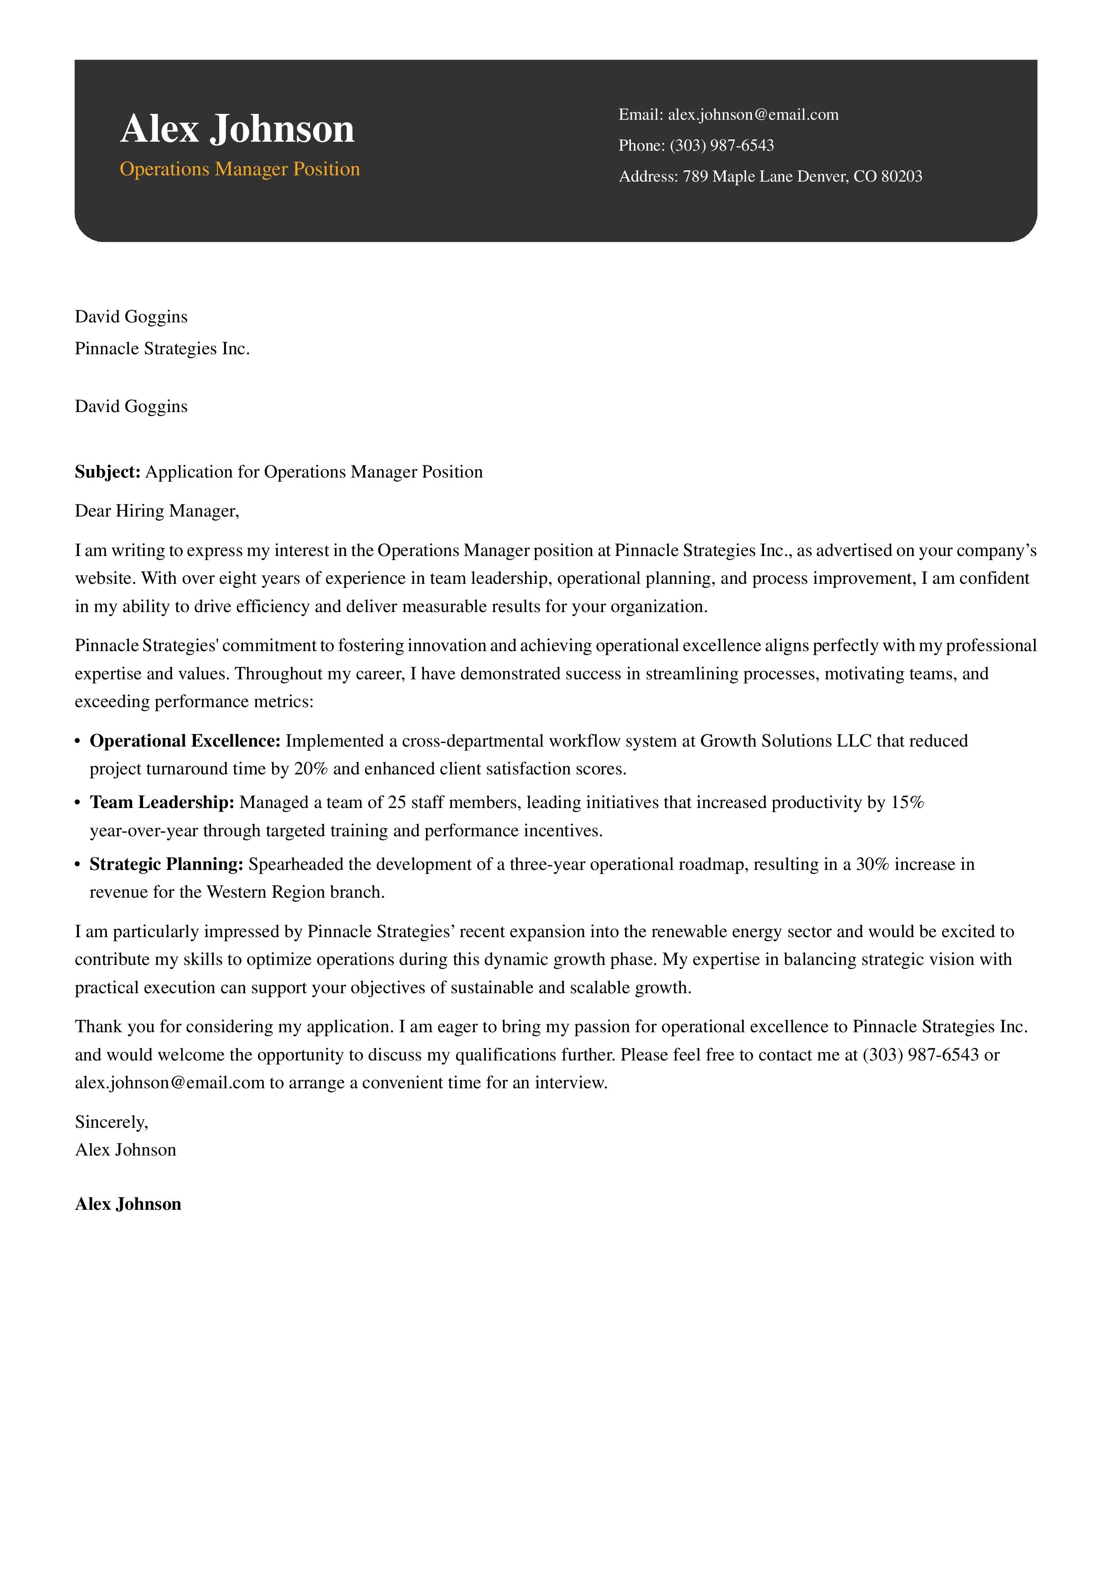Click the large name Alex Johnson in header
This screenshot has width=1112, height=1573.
[x=237, y=129]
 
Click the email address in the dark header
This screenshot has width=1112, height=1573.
[x=752, y=114]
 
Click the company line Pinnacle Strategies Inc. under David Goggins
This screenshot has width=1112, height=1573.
[x=162, y=349]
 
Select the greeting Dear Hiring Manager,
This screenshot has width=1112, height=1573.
[x=157, y=511]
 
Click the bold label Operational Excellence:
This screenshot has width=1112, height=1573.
[x=185, y=741]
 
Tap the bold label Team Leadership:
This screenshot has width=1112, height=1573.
[x=162, y=802]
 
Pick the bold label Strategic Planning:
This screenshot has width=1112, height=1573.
[x=166, y=865]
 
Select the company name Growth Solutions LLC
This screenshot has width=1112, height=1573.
[x=786, y=741]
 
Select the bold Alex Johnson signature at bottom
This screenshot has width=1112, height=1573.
[x=128, y=1204]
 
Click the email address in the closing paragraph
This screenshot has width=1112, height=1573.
[x=169, y=1083]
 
